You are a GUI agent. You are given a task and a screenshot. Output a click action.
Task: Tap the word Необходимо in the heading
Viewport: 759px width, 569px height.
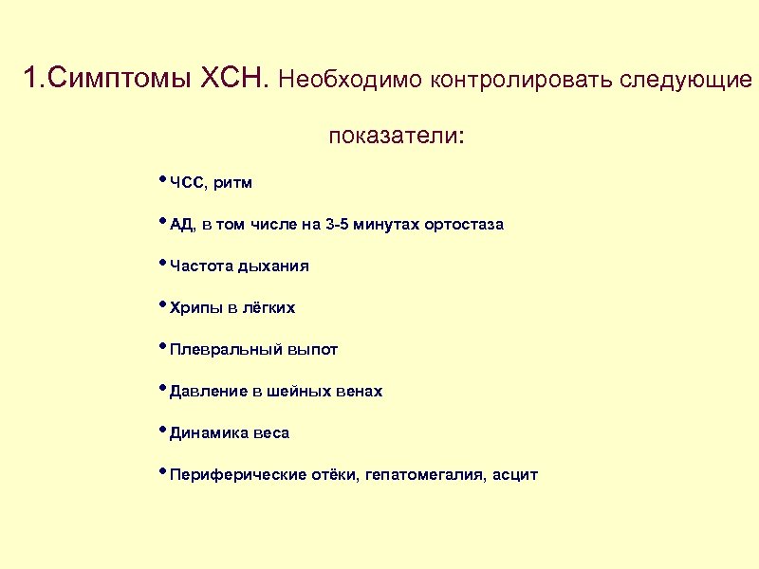pos(351,80)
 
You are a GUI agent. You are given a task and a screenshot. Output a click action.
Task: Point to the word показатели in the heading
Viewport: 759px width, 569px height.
pos(393,137)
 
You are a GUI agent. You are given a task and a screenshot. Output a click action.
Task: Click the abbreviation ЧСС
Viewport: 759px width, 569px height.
pos(186,182)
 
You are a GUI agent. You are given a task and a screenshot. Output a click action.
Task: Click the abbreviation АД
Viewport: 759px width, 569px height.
pos(181,225)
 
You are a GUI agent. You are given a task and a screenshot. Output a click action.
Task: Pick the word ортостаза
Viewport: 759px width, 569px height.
pos(464,225)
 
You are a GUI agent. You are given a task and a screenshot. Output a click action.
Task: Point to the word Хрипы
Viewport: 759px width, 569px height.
pos(195,308)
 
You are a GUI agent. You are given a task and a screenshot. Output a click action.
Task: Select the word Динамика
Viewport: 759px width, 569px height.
pos(208,432)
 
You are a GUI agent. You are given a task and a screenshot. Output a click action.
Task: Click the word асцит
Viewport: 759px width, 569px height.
pos(515,474)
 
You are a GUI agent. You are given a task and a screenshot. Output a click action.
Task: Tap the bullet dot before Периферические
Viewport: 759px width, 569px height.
pos(163,471)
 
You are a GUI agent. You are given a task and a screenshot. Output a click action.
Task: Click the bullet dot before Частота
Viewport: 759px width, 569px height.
pos(163,264)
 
